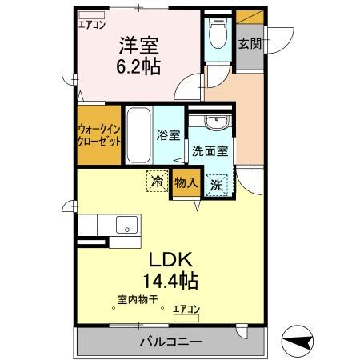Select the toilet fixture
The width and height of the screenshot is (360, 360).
tap(217, 34)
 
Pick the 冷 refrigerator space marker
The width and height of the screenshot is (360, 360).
tap(157, 182)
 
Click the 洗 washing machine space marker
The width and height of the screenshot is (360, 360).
tap(216, 185)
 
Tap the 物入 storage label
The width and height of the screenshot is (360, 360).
tap(186, 183)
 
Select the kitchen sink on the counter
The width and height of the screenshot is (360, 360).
tap(126, 226)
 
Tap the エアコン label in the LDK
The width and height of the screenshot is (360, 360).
tap(186, 309)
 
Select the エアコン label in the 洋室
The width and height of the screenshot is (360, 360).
tap(92, 25)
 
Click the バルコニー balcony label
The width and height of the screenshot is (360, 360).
tap(173, 342)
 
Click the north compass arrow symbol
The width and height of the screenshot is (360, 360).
tap(298, 342)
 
